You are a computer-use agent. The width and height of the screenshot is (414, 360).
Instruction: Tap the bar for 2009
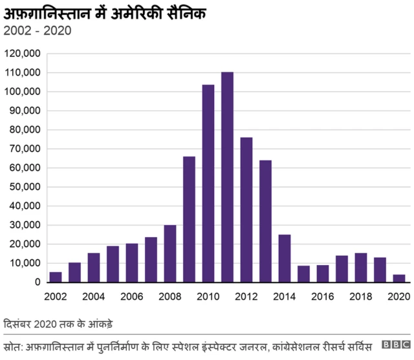(189, 219)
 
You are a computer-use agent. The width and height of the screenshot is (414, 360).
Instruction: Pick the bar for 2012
(246, 210)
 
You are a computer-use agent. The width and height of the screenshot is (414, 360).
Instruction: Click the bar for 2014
(285, 259)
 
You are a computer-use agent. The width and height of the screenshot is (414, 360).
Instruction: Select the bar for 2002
(56, 277)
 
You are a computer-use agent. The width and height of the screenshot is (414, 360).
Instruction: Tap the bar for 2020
(399, 279)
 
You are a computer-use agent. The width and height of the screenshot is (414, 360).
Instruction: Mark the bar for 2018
(361, 268)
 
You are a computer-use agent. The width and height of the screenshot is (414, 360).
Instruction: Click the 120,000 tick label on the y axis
(23, 53)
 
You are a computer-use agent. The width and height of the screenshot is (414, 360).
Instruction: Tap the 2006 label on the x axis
(132, 296)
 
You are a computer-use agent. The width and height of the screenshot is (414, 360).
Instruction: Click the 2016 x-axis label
(323, 296)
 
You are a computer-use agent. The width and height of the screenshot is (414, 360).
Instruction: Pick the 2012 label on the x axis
(246, 296)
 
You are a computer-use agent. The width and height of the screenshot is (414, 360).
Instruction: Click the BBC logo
(395, 345)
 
